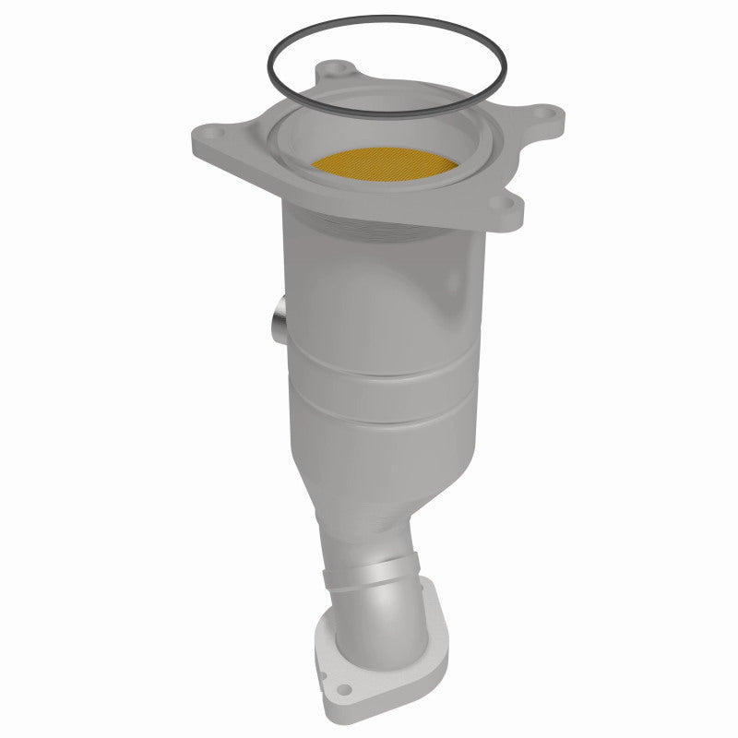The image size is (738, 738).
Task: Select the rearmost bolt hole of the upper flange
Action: pos(341,68)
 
